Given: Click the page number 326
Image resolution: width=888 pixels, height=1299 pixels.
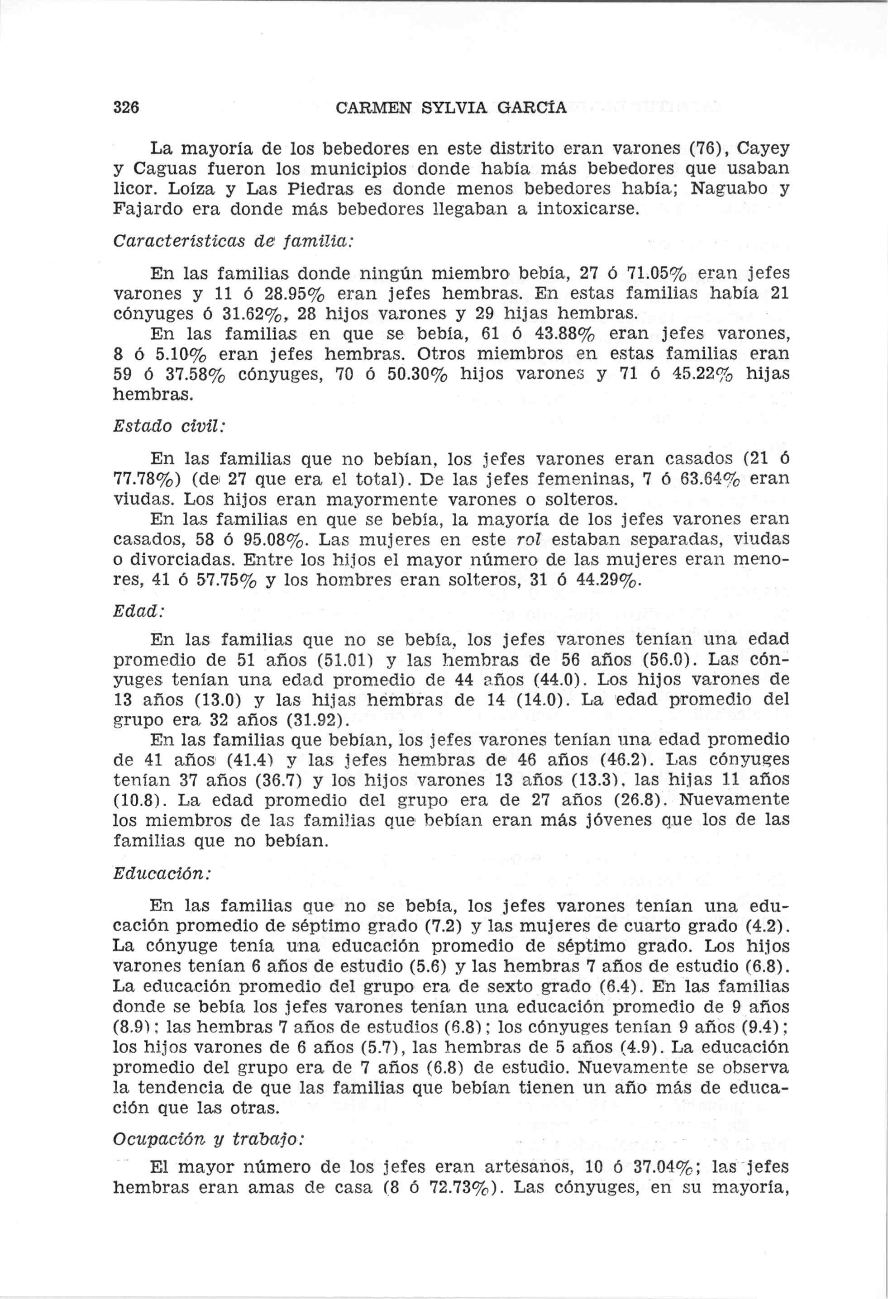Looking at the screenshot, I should (x=126, y=107).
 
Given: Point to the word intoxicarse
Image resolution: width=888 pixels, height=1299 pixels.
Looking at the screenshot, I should (x=587, y=209).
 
